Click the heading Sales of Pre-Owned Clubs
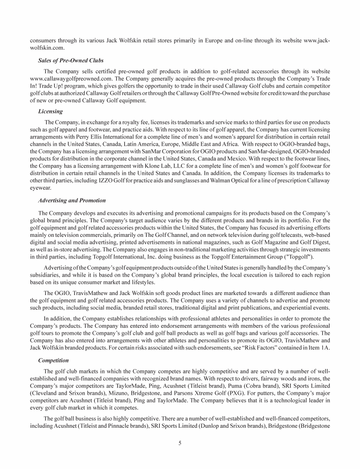(71, 61)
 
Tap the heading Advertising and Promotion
(72, 200)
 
